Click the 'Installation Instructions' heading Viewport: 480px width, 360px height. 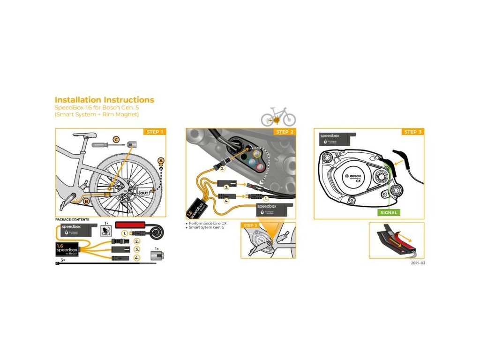(x=104, y=100)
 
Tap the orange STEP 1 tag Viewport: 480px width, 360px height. (x=155, y=132)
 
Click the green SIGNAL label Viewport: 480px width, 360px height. (x=389, y=212)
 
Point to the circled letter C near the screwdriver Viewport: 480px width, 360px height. (x=116, y=139)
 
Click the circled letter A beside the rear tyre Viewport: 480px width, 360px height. (x=161, y=161)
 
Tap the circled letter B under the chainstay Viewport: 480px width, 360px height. (x=86, y=201)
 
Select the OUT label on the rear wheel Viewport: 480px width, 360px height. (x=144, y=192)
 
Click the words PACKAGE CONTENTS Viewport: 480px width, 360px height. (x=72, y=219)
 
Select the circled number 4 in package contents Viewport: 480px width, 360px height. (x=137, y=258)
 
